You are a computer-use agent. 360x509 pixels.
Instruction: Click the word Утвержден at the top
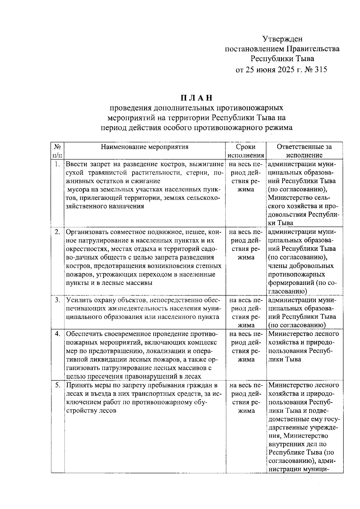point(282,39)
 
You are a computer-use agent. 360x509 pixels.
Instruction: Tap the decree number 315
point(321,70)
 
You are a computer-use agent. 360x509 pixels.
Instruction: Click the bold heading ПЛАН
point(196,98)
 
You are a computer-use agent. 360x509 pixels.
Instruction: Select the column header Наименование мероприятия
point(145,147)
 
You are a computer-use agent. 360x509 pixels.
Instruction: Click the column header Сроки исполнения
point(246,151)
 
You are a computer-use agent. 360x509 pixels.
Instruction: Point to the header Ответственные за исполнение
point(304,151)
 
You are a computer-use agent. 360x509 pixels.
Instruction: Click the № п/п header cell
point(58,151)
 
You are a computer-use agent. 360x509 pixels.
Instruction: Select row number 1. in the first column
point(57,164)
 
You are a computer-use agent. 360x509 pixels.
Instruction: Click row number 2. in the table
point(57,232)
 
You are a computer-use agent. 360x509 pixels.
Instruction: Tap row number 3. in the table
point(57,300)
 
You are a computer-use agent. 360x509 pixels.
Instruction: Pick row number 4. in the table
point(57,334)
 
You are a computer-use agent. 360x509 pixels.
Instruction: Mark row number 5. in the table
point(57,385)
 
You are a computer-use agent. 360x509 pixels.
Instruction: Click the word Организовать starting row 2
point(87,232)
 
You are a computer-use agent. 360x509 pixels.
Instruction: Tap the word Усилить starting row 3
point(77,300)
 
